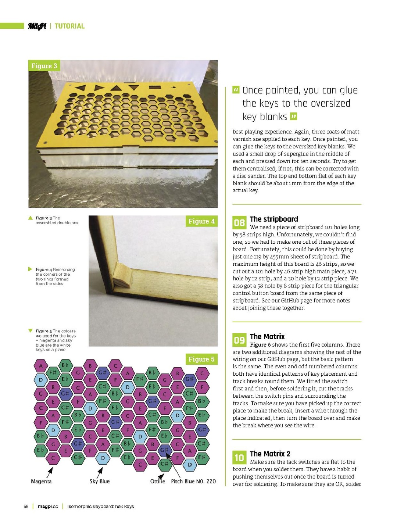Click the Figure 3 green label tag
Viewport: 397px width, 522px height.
pos(44,66)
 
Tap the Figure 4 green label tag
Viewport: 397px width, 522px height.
pos(201,221)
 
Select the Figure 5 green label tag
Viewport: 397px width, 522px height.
pos(201,359)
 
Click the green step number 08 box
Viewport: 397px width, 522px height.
pos(239,222)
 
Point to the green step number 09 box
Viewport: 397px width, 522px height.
pos(239,340)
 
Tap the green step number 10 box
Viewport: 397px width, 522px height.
pos(239,457)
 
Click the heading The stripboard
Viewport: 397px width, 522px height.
pos(274,219)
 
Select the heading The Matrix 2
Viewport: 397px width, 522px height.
pos(270,454)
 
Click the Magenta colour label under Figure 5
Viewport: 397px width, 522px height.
pos(41,481)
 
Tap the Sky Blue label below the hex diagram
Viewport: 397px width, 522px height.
pos(100,481)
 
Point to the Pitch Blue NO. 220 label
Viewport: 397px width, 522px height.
pos(193,481)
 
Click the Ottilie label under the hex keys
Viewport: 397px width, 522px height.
pos(157,481)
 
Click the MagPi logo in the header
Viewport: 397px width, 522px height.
pos(37,26)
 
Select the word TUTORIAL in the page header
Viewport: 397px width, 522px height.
pos(69,26)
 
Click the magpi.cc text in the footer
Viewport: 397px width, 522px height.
pos(48,506)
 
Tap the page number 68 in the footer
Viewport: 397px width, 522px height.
pos(26,506)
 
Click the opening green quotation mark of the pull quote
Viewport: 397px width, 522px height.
pos(236,90)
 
